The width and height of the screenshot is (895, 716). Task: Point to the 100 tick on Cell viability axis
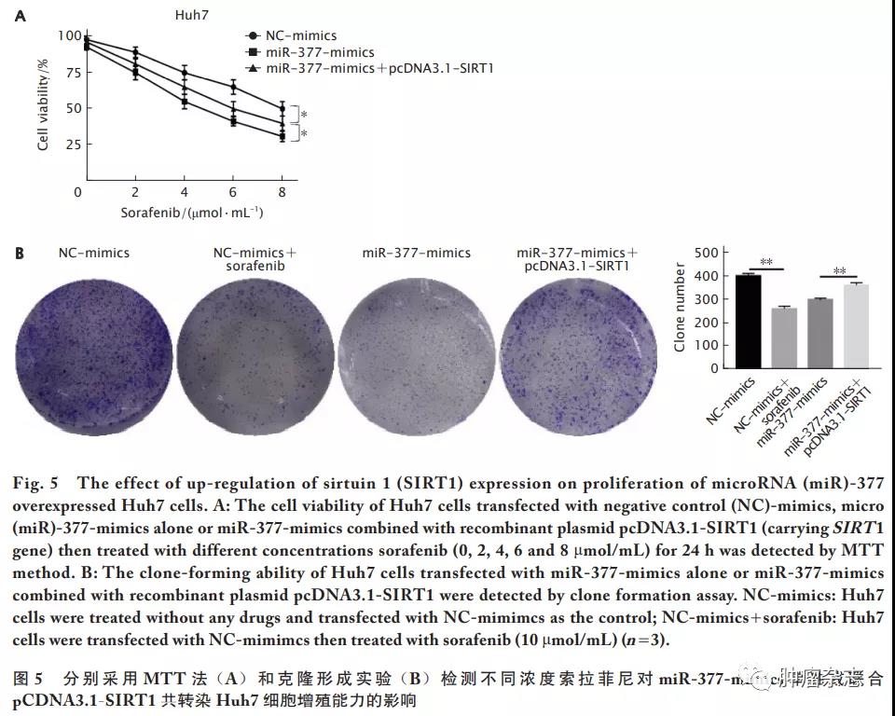click(69, 36)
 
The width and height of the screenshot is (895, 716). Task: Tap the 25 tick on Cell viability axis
click(73, 144)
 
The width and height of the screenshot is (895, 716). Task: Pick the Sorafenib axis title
click(192, 213)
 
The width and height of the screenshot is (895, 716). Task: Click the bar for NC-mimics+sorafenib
click(784, 337)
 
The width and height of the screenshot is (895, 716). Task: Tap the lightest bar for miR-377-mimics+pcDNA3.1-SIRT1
click(855, 325)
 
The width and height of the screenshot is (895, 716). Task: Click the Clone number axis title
click(680, 308)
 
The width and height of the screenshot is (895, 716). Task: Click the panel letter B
click(21, 253)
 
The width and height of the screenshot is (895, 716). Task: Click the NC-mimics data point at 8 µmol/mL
click(282, 108)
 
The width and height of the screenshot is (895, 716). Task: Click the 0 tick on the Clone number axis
click(714, 367)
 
